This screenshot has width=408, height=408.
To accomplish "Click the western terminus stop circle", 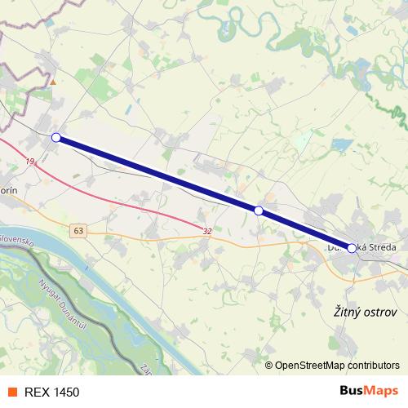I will click(55, 138).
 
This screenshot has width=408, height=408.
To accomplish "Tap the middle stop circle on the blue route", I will click(259, 211).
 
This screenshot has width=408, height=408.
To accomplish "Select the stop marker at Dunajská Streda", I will click(352, 248).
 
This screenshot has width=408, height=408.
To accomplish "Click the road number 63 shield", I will click(78, 231).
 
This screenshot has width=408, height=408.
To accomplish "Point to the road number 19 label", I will click(30, 162).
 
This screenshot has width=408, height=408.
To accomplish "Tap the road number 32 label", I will click(207, 231).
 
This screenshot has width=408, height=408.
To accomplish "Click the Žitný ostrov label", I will click(366, 312).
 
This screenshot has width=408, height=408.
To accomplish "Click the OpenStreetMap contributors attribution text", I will click(337, 366).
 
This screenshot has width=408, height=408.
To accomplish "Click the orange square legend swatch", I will click(12, 392).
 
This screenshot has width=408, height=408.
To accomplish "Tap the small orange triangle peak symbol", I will click(53, 82).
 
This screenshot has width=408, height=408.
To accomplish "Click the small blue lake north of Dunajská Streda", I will click(341, 145).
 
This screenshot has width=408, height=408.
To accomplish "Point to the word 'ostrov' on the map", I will click(379, 312).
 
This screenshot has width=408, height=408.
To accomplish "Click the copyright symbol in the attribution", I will click(269, 366).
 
